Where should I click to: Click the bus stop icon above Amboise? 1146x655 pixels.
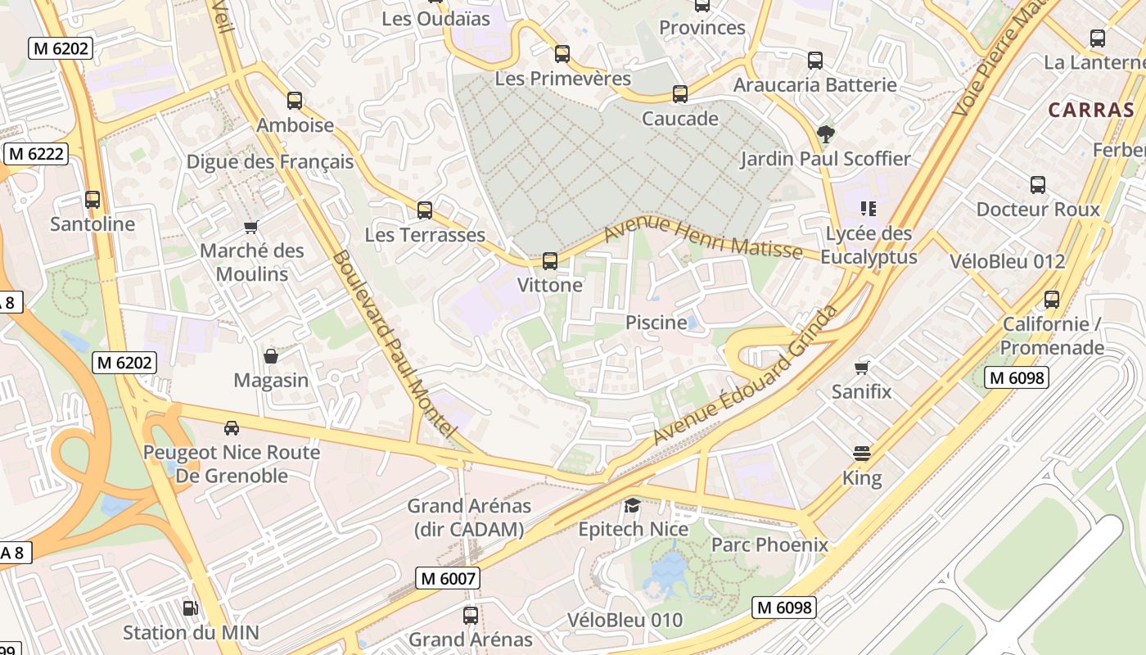[295, 101]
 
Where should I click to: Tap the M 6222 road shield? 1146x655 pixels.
[36, 154]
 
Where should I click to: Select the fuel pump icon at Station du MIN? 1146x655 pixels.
[190, 608]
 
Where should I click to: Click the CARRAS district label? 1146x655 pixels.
[1091, 110]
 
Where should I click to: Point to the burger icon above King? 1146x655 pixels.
[862, 453]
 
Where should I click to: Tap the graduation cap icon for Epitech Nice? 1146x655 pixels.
[633, 505]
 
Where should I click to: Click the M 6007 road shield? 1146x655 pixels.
[447, 578]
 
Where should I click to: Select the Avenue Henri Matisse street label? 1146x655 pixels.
[702, 237]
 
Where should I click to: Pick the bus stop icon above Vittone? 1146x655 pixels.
[550, 261]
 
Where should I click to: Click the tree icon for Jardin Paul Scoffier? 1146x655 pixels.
[825, 133]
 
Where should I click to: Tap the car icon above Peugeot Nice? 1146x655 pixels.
[232, 427]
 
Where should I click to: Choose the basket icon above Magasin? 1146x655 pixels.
[271, 356]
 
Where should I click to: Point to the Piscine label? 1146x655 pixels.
[656, 323]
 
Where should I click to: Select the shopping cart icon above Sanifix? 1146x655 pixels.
[861, 368]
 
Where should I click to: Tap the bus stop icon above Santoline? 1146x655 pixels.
[92, 199]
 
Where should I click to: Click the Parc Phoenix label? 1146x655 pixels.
[769, 544]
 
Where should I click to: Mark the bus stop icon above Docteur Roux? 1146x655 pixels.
[1038, 185]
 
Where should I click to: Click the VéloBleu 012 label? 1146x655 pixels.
[1007, 261]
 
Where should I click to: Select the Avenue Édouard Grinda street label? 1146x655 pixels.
[745, 375]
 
